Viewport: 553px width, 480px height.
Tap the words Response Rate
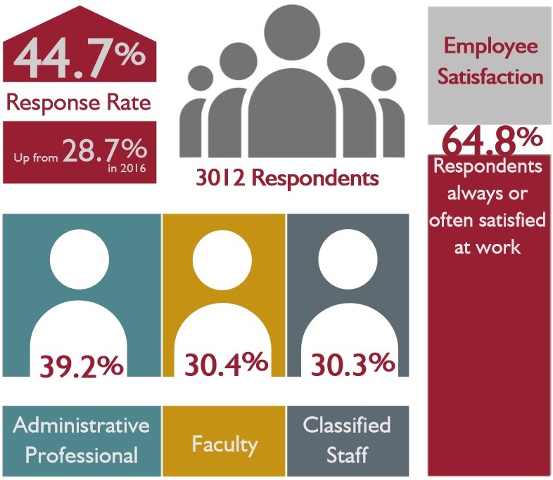point(78,103)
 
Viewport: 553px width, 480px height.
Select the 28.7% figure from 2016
point(105,150)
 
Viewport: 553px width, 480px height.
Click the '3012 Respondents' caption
point(286,177)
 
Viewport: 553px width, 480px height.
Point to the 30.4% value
point(226,363)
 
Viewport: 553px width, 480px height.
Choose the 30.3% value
point(351,363)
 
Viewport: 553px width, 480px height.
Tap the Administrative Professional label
point(82,440)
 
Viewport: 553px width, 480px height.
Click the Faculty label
point(224,443)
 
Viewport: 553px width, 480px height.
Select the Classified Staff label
point(347,440)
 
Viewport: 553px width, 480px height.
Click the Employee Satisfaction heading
point(490,61)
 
